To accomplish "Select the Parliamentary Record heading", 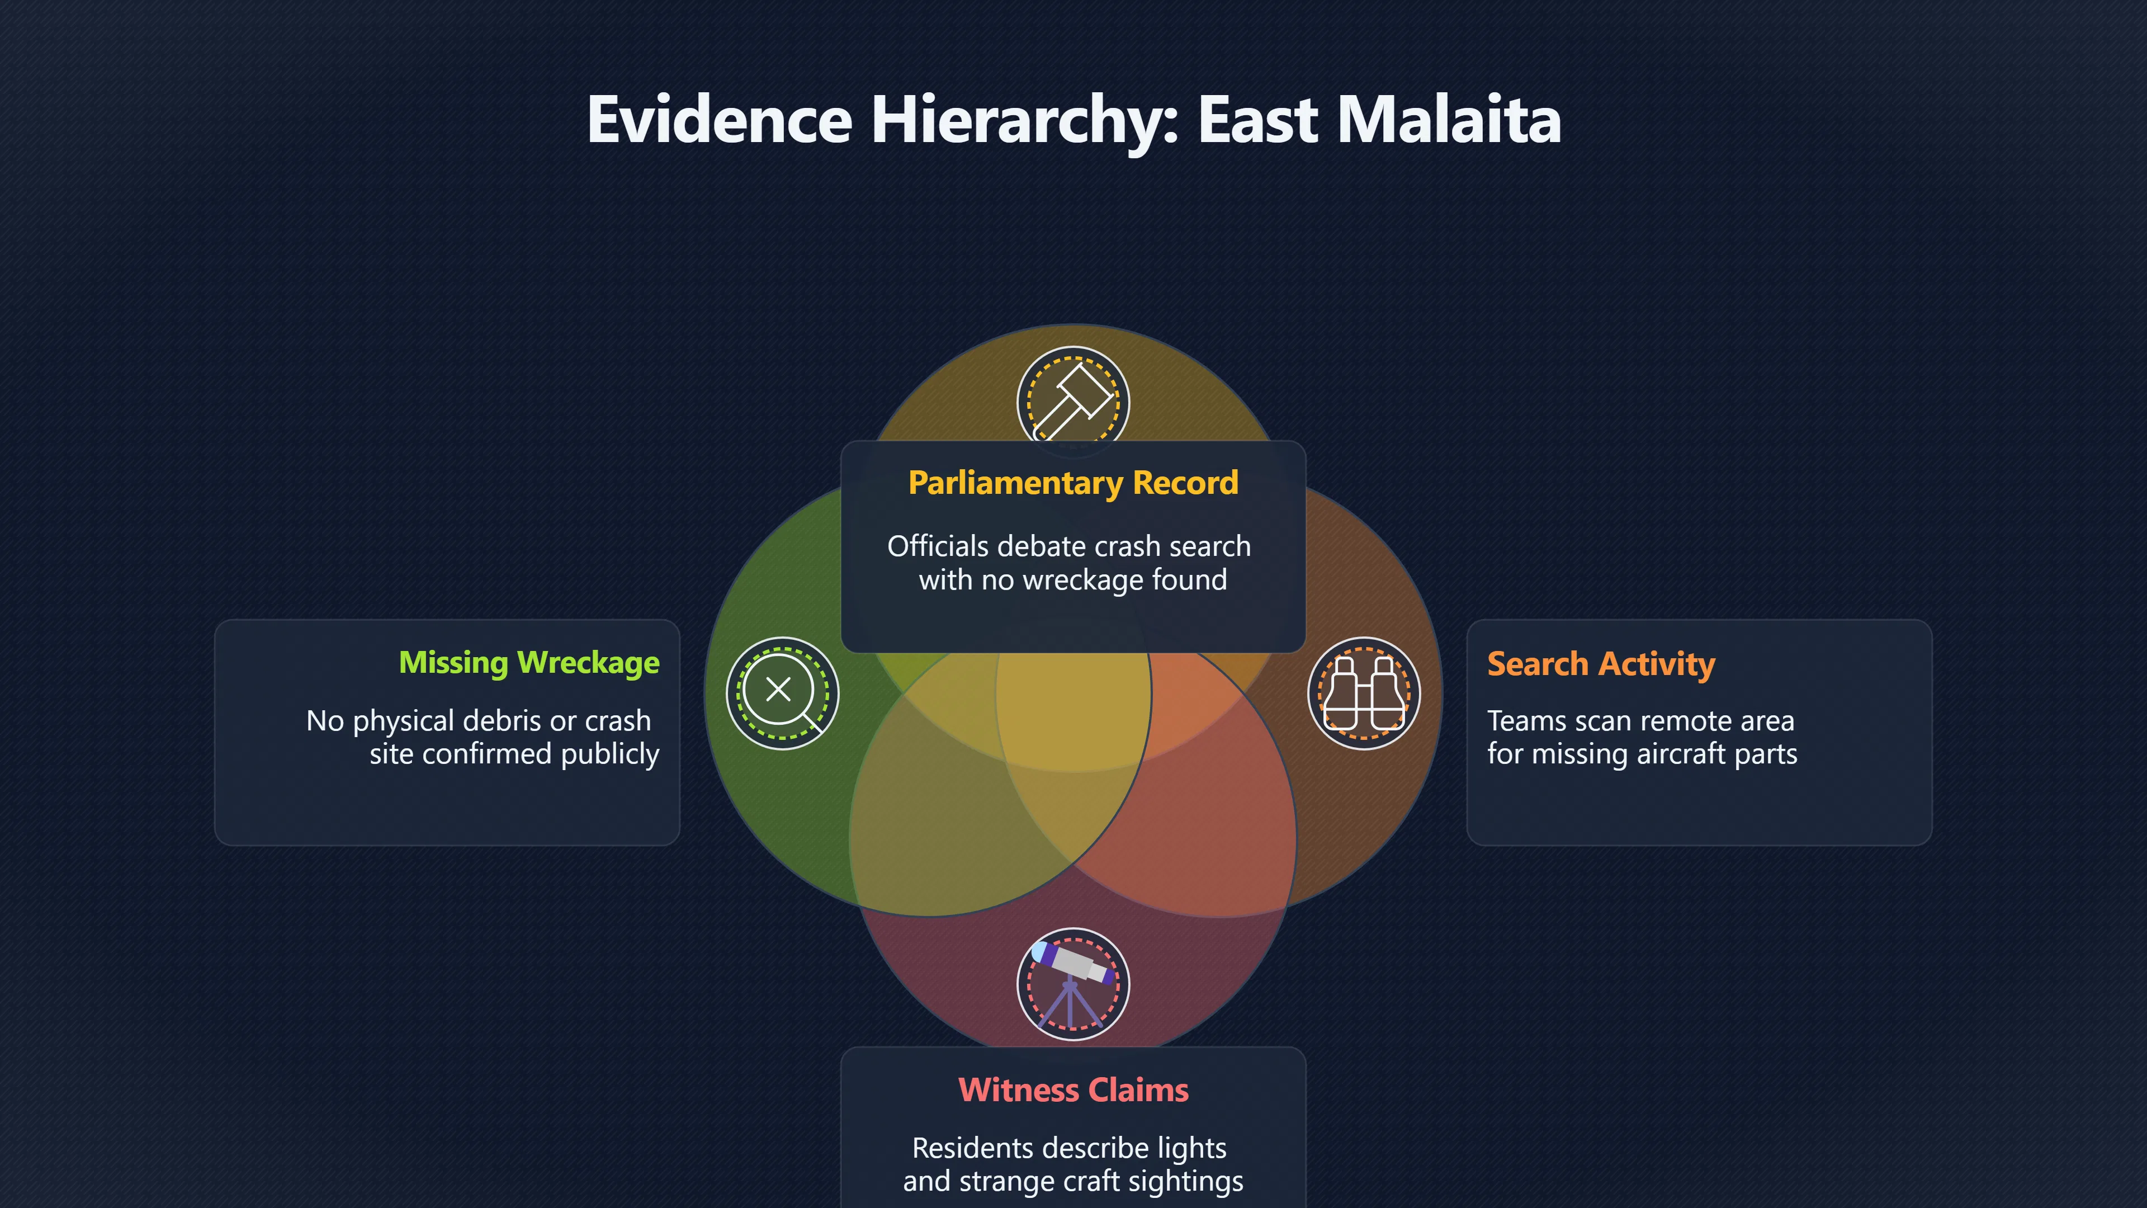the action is (1073, 483).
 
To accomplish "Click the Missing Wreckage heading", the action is (529, 663).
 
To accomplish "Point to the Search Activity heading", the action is (1601, 664).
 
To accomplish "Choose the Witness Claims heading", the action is (1073, 1089).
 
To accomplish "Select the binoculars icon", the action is (1364, 693).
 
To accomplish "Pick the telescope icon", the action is (1073, 984).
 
